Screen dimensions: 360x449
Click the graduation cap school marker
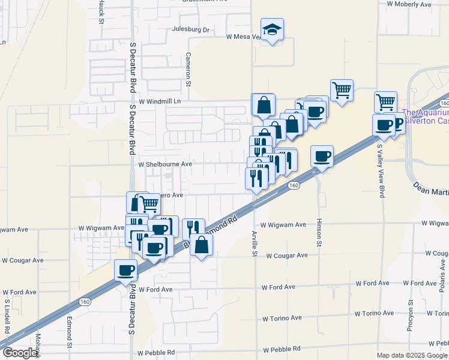(x=272, y=29)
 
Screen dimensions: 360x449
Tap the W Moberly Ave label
(x=409, y=4)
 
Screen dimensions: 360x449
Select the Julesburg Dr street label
(x=190, y=29)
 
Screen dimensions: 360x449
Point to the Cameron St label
(x=188, y=68)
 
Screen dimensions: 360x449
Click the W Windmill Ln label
(x=160, y=101)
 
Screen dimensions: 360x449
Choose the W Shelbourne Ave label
(x=165, y=164)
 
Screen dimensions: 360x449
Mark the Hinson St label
(x=319, y=232)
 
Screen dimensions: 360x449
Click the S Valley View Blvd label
(x=381, y=170)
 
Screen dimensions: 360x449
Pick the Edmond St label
(x=70, y=332)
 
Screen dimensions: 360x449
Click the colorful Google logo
(x=20, y=353)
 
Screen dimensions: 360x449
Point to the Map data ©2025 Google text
(x=412, y=355)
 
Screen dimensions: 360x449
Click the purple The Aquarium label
(x=425, y=112)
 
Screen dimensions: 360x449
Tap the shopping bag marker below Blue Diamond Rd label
(x=202, y=245)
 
